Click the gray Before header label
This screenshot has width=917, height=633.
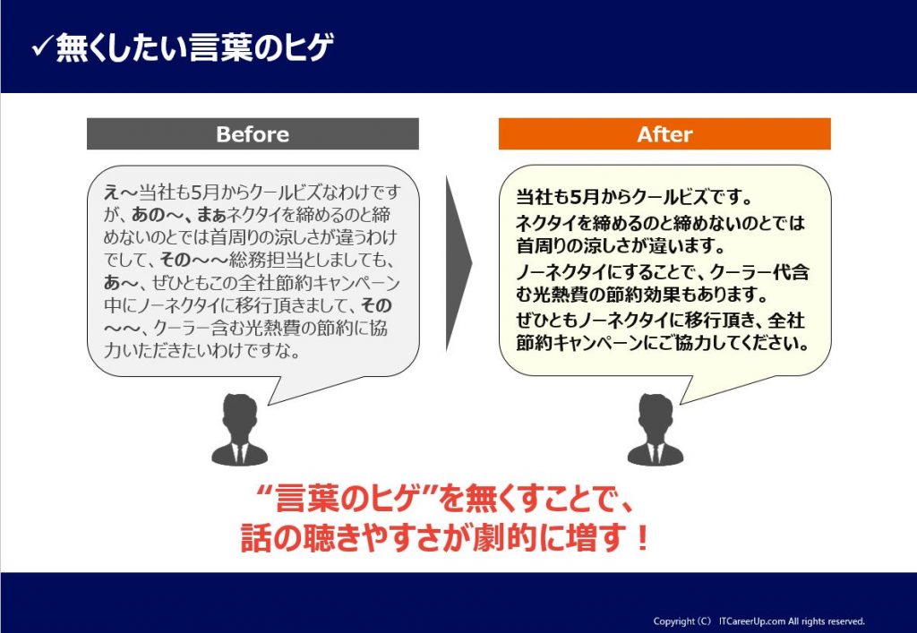coord(253,133)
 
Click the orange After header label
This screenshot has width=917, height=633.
coord(664,133)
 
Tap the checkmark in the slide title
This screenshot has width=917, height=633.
coord(43,47)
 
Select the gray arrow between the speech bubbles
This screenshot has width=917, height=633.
coord(458,263)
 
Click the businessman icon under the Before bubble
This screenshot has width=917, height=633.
coord(240,430)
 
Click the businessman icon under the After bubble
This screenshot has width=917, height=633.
coord(656,430)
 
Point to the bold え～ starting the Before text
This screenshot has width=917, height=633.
coord(121,192)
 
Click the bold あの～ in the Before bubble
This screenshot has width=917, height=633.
coord(156,215)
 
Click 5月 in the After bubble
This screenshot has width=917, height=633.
coord(586,197)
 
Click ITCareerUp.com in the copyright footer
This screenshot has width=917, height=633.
coord(752,621)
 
